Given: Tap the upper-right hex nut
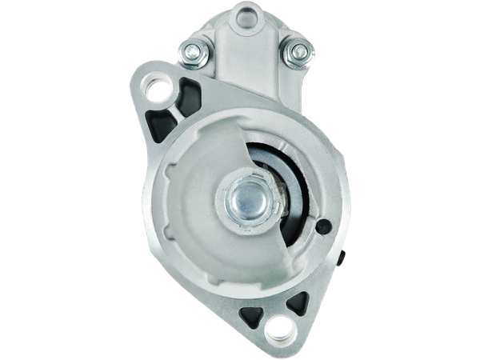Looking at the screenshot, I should click(x=297, y=53).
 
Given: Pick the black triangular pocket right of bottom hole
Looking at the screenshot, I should click(x=298, y=302).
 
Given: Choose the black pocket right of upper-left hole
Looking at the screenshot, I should click(x=190, y=90).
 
